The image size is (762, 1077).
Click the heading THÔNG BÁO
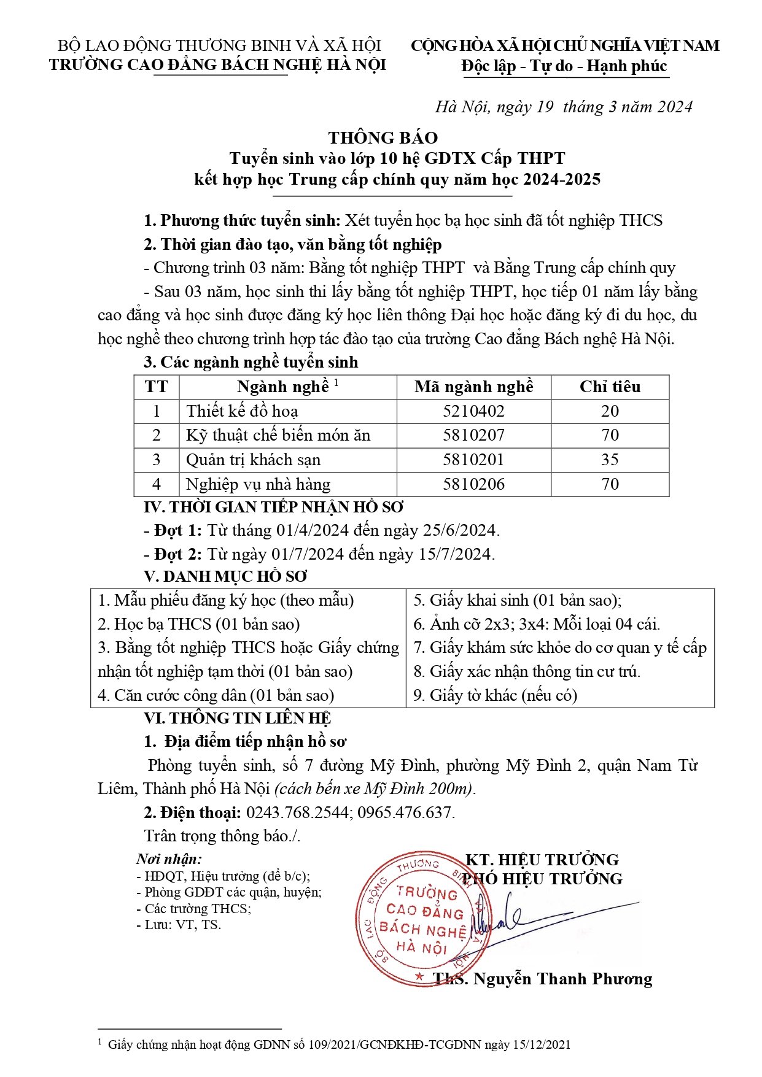[383, 137]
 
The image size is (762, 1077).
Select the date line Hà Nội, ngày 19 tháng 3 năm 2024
[564, 107]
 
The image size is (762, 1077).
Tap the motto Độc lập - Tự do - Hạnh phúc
[564, 66]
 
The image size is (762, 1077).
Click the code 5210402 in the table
[473, 411]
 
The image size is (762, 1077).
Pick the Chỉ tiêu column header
[610, 387]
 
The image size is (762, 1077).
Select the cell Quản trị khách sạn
[253, 460]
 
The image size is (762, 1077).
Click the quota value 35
[610, 460]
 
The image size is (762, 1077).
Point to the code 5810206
[473, 484]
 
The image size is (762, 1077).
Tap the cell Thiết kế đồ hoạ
[242, 411]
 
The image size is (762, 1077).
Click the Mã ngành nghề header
[473, 387]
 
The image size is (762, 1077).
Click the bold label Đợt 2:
[178, 554]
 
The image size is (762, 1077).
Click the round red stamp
[421, 919]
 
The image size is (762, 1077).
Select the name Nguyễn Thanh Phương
[562, 979]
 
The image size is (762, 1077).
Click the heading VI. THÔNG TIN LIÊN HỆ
[237, 718]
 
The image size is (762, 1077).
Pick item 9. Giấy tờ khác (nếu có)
[495, 695]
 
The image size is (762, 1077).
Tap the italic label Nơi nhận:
[169, 859]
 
